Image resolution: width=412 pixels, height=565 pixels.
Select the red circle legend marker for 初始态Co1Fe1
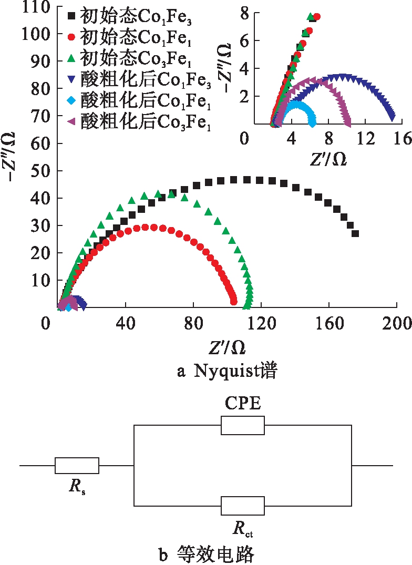72,37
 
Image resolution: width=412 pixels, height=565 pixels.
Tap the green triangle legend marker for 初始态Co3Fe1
72,56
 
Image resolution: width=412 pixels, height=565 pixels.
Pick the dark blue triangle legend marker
72,76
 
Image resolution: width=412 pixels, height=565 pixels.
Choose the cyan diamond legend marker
72,96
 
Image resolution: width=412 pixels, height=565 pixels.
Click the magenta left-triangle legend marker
72,116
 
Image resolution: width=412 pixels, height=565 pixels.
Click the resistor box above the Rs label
77,466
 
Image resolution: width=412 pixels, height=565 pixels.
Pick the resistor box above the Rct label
242,506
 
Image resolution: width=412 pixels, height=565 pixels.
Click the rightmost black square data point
355,234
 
